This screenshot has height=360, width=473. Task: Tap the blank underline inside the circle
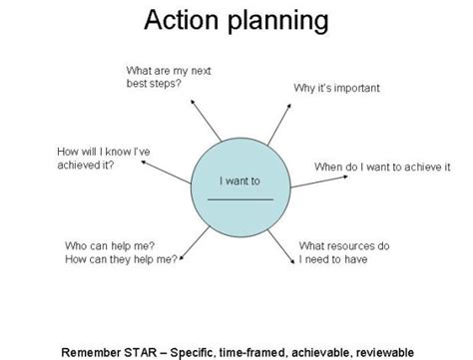239,199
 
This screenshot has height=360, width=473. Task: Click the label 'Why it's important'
337,88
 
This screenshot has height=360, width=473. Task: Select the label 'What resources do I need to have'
344,252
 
